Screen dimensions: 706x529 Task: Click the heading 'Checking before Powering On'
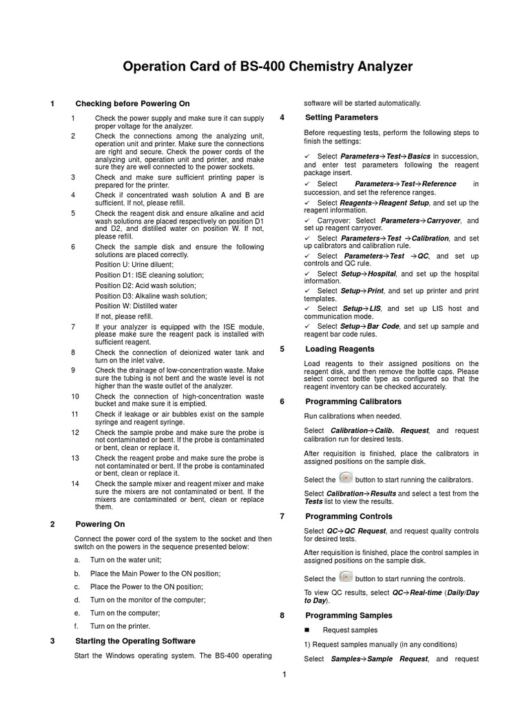click(x=132, y=103)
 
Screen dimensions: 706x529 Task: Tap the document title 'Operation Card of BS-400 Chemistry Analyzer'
click(x=267, y=67)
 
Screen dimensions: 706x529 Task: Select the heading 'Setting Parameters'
click(x=341, y=117)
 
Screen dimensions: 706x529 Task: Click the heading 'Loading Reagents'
click(x=340, y=349)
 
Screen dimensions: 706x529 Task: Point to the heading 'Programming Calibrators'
click(x=353, y=401)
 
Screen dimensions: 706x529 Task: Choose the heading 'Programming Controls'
click(x=349, y=516)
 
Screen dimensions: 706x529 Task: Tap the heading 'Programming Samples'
click(x=349, y=615)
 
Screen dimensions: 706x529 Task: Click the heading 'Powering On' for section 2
click(x=100, y=524)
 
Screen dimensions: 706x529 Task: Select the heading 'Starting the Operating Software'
click(x=135, y=641)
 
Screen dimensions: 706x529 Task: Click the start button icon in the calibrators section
click(x=346, y=478)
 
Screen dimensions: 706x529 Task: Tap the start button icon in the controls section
click(x=346, y=577)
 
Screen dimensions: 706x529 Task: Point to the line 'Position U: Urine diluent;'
click(x=134, y=264)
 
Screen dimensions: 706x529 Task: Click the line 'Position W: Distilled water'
click(x=136, y=305)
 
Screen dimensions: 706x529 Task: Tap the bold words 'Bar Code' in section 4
click(x=382, y=326)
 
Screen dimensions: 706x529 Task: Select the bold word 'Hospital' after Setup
click(x=382, y=274)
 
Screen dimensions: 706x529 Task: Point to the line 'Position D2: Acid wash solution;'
click(x=145, y=285)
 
